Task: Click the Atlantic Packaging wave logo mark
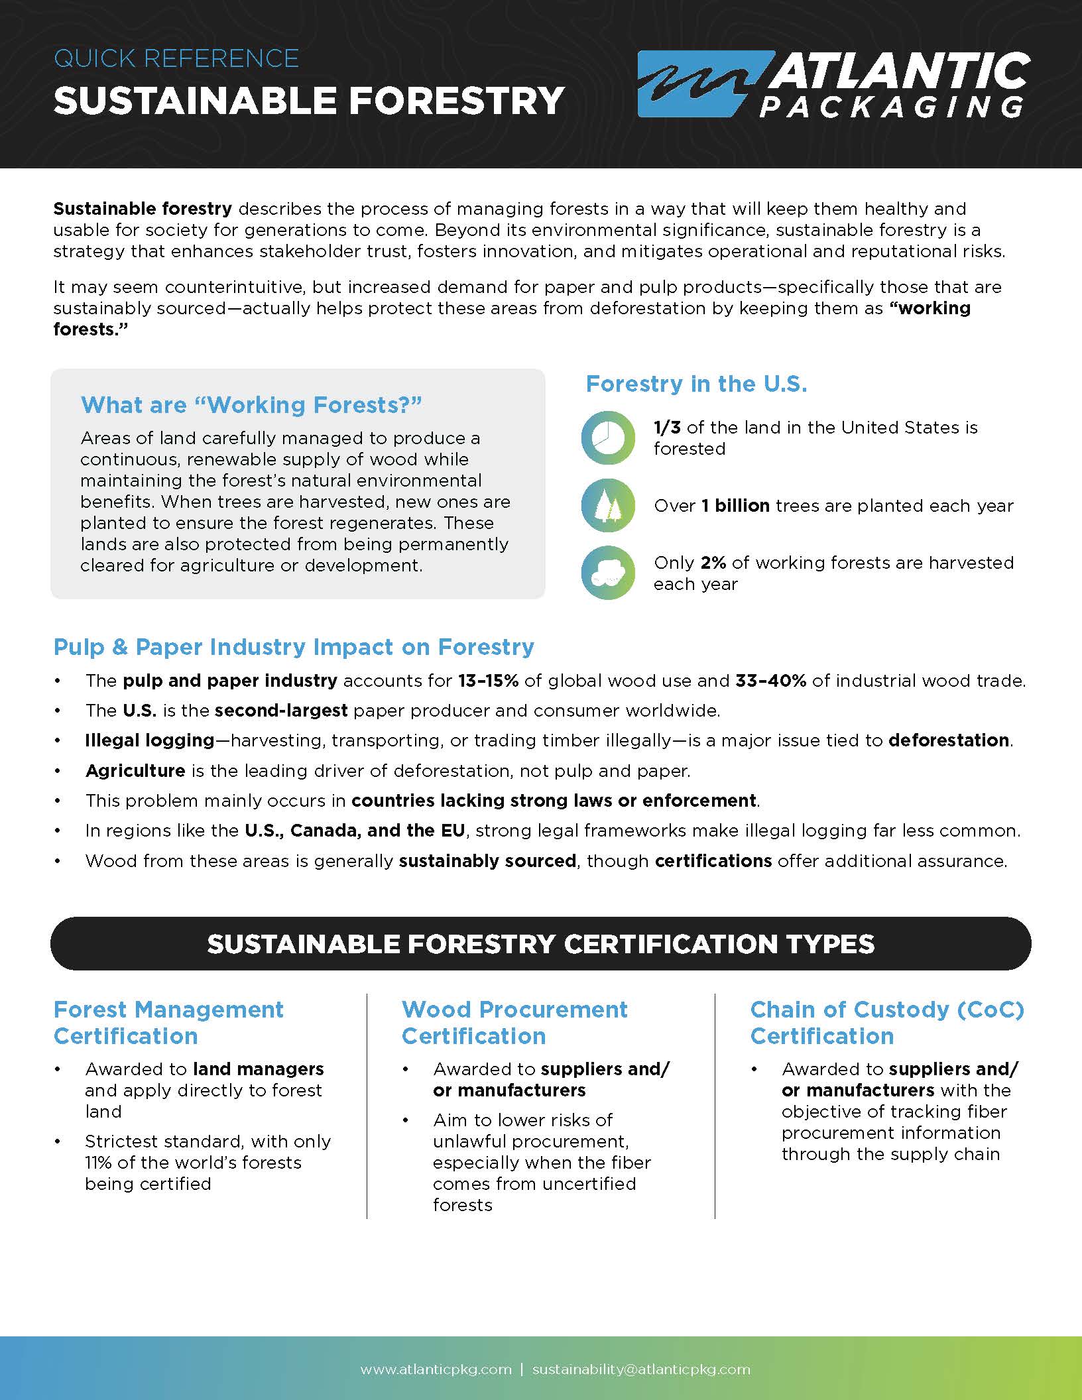coord(696,84)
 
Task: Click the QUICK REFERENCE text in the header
coord(176,59)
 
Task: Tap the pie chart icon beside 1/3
coord(608,437)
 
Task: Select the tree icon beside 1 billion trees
coord(608,506)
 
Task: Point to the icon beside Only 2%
coord(608,573)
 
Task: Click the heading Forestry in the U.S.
coord(696,384)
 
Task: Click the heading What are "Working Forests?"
coord(251,405)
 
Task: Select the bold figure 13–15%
coord(488,681)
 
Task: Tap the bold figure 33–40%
coord(770,681)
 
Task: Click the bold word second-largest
coord(281,711)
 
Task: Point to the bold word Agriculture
coord(135,771)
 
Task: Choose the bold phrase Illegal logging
coord(150,740)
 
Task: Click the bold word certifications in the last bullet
coord(713,861)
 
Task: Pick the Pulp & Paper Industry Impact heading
coord(294,647)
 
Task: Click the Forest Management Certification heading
coord(168,1023)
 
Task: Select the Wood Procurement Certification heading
coord(514,1023)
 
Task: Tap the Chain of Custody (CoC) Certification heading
coord(887,1023)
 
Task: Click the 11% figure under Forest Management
coord(95,1163)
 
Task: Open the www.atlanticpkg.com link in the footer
coord(436,1370)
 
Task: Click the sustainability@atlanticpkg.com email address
coord(641,1370)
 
